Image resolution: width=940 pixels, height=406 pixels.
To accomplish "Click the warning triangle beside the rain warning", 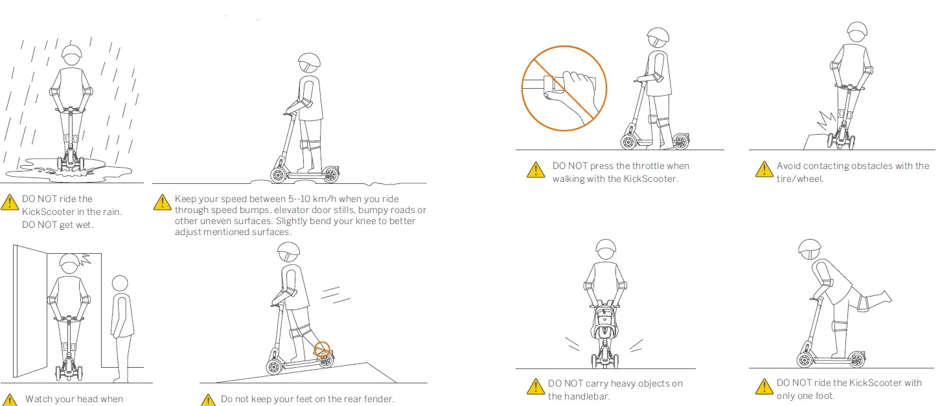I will click(x=10, y=202).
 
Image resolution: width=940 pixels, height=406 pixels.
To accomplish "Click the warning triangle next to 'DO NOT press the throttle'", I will click(x=535, y=170).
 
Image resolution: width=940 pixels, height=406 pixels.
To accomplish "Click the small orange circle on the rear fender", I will click(x=322, y=350).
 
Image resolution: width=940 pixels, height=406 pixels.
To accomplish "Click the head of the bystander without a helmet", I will click(x=120, y=284).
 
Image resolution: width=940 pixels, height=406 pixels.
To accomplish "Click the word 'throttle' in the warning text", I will click(x=648, y=166).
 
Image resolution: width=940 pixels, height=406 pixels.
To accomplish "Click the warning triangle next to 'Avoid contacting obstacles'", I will click(x=763, y=170).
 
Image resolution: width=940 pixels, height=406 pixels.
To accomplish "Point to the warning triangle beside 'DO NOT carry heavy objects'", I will click(x=535, y=387).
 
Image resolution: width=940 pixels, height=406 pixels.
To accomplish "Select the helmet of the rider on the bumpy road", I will click(x=309, y=63).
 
